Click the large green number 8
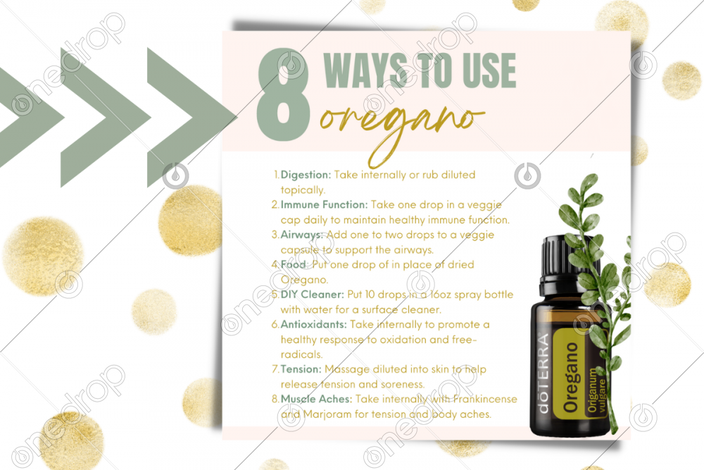[x=283, y=94]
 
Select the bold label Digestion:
[x=306, y=174]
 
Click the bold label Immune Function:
[x=324, y=204]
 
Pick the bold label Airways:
[x=302, y=235]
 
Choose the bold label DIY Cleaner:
[x=313, y=295]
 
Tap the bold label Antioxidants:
[x=313, y=324]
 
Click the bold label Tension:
[x=301, y=369]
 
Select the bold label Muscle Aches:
[x=316, y=399]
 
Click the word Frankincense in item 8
[x=485, y=399]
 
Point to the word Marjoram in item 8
[x=327, y=414]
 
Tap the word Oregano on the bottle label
[x=571, y=378]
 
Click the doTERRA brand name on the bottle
[x=543, y=373]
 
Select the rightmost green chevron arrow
[x=192, y=118]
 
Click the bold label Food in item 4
[x=293, y=264]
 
